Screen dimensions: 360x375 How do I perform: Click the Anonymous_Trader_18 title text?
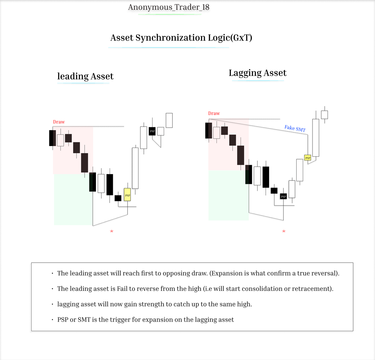pyautogui.click(x=168, y=7)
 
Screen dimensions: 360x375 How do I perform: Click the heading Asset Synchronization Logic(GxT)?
pyautogui.click(x=181, y=38)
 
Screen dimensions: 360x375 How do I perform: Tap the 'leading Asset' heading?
pyautogui.click(x=85, y=76)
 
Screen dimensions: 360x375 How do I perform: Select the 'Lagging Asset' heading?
pyautogui.click(x=257, y=73)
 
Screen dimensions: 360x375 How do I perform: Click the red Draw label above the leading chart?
pyautogui.click(x=59, y=122)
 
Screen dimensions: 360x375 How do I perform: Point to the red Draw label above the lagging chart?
pyautogui.click(x=214, y=113)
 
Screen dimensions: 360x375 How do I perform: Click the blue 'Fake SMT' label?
pyautogui.click(x=295, y=128)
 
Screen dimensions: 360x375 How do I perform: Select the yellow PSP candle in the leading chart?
pyautogui.click(x=127, y=195)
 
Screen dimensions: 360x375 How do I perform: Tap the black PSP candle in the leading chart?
pyautogui.click(x=152, y=131)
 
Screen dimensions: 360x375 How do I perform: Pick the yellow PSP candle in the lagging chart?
pyautogui.click(x=308, y=158)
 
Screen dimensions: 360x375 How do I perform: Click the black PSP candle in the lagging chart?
pyautogui.click(x=283, y=196)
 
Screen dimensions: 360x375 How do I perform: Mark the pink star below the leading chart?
pyautogui.click(x=112, y=231)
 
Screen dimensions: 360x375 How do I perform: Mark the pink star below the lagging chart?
pyautogui.click(x=284, y=231)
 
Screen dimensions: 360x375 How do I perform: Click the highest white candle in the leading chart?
pyautogui.click(x=169, y=120)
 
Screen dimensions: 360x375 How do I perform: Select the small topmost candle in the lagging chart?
pyautogui.click(x=325, y=115)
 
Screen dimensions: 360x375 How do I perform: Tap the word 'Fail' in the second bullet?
pyautogui.click(x=122, y=289)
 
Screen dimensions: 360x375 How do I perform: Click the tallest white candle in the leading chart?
pyautogui.click(x=135, y=168)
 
